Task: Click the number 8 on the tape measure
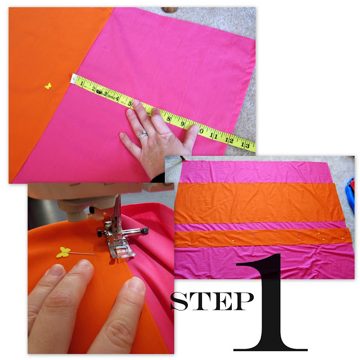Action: coord(169,119)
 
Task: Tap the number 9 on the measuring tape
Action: coord(182,124)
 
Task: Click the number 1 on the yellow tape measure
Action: coord(82,83)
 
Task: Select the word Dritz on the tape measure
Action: coord(111,97)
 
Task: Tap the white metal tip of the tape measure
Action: coord(74,79)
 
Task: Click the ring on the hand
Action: coord(142,135)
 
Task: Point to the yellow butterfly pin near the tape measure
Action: coord(48,86)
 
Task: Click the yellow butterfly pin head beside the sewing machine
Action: coord(63,252)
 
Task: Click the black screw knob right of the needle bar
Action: coord(145,230)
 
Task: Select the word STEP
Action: coord(212,301)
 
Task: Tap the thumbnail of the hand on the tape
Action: coord(196,129)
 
